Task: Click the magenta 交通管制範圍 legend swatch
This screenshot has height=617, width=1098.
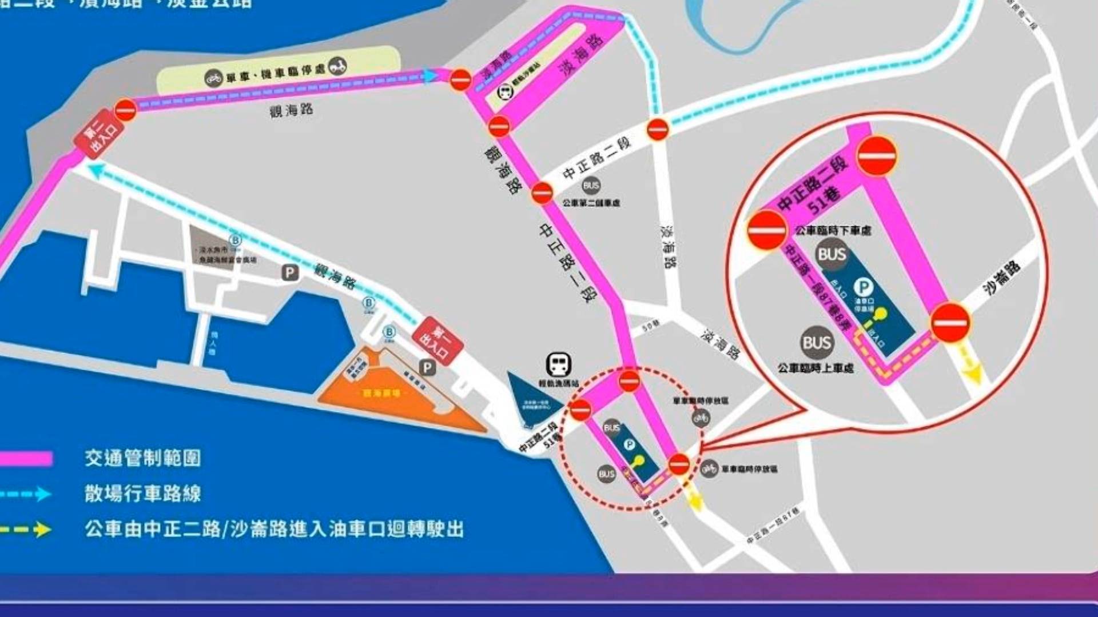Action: [x=26, y=458]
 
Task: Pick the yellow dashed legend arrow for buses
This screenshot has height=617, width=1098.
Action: [x=26, y=530]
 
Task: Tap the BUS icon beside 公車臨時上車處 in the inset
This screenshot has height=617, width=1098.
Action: [x=817, y=343]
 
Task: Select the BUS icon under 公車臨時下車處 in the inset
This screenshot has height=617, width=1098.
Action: [x=832, y=255]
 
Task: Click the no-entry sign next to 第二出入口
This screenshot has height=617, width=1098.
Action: [x=125, y=110]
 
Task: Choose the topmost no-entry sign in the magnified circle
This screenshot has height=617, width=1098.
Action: [x=877, y=155]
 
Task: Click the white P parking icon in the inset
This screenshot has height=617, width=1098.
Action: [x=864, y=286]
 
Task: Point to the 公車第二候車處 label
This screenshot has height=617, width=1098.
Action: [x=591, y=203]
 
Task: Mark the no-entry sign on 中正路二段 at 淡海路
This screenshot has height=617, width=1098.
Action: [x=658, y=129]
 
